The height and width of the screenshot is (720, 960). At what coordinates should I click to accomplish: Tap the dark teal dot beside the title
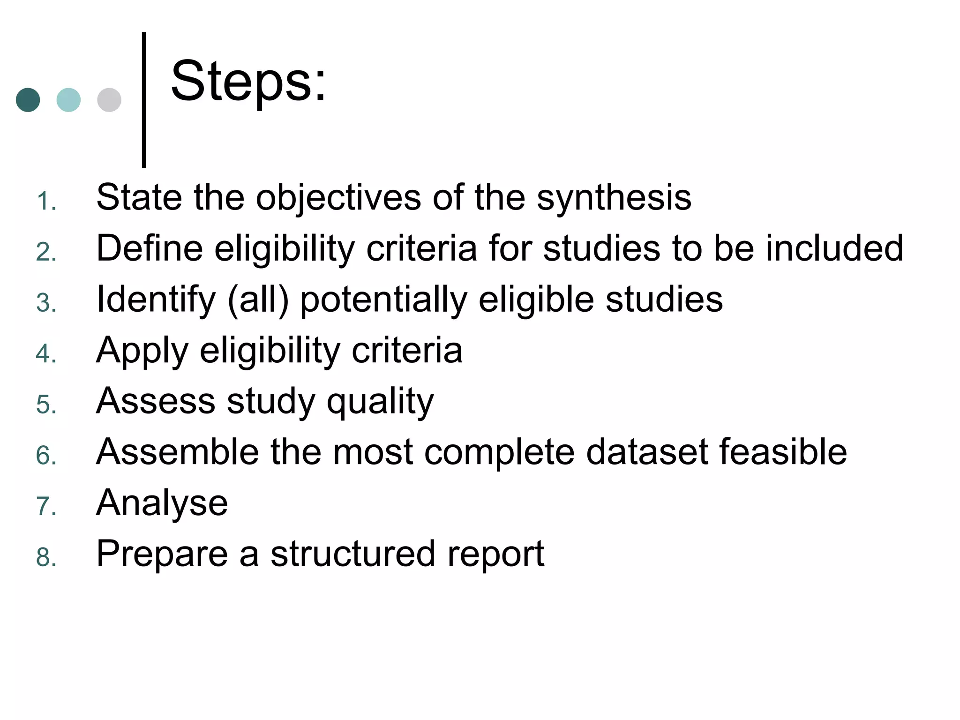pos(28,100)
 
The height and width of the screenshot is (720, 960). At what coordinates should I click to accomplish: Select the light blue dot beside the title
pos(68,100)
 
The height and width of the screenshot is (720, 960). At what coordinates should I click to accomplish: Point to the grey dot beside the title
pos(109,100)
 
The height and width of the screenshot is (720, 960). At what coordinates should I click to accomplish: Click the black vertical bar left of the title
pos(144,99)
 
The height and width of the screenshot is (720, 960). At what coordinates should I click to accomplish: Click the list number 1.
pos(46,202)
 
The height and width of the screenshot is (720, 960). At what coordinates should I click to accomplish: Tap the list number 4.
pos(46,354)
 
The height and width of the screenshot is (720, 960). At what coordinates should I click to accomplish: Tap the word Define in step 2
pos(150,248)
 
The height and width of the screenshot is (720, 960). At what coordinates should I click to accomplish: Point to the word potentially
pos(384,300)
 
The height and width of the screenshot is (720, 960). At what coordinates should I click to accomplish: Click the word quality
pos(380,402)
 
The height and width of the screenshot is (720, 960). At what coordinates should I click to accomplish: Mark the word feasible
pos(783,452)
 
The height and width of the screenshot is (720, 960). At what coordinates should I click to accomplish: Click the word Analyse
pos(162,503)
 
